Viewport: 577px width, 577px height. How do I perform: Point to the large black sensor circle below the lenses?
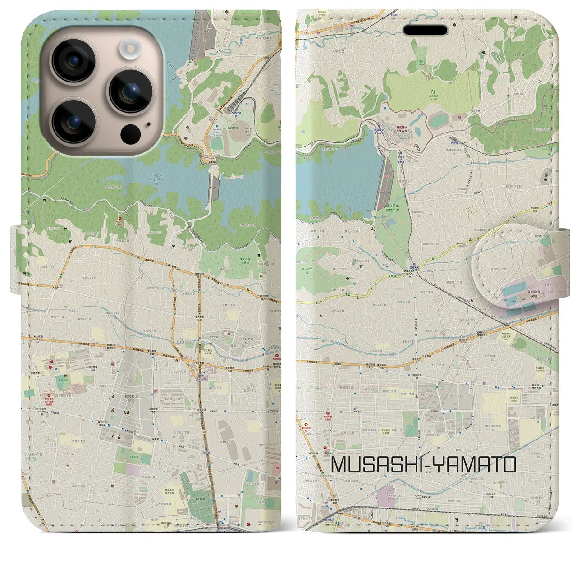(131, 133)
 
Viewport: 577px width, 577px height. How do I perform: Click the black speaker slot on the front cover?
(425, 30)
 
